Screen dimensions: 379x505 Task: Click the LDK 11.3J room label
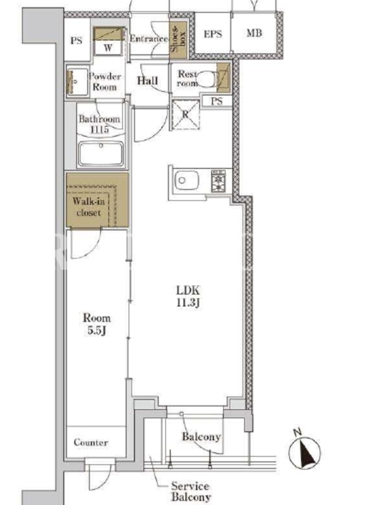coord(188,296)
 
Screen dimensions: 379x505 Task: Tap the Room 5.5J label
coord(97,324)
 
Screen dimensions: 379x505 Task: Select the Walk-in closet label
coord(88,207)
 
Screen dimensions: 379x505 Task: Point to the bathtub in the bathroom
coord(101,153)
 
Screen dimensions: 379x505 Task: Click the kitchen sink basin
coord(186,181)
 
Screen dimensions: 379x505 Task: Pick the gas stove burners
coord(218,181)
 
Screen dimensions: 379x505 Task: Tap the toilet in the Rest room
coord(207,80)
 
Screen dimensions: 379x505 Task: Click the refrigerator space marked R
coord(186,114)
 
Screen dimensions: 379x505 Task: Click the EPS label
coord(213,33)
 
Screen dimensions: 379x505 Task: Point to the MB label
coord(255,33)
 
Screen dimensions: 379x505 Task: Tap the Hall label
coord(148,81)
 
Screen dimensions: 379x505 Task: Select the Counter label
coord(91,443)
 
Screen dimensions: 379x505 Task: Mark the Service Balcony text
coord(191,491)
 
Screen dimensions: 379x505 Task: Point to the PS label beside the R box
coord(217,101)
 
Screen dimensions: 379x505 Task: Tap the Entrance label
coord(149,39)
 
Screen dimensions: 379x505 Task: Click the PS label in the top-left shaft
coord(76,41)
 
